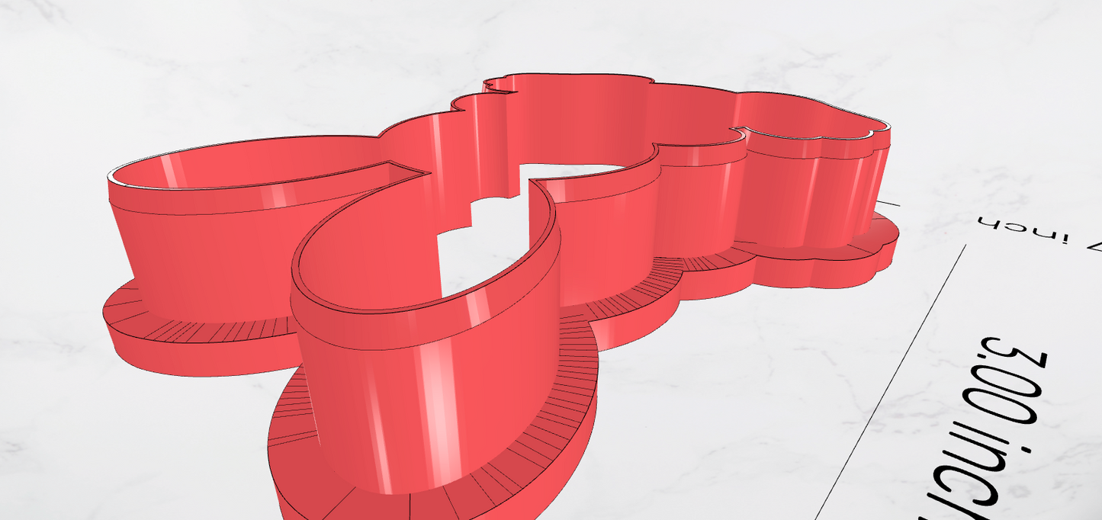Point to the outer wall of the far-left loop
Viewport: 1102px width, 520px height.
click(x=198, y=244)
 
